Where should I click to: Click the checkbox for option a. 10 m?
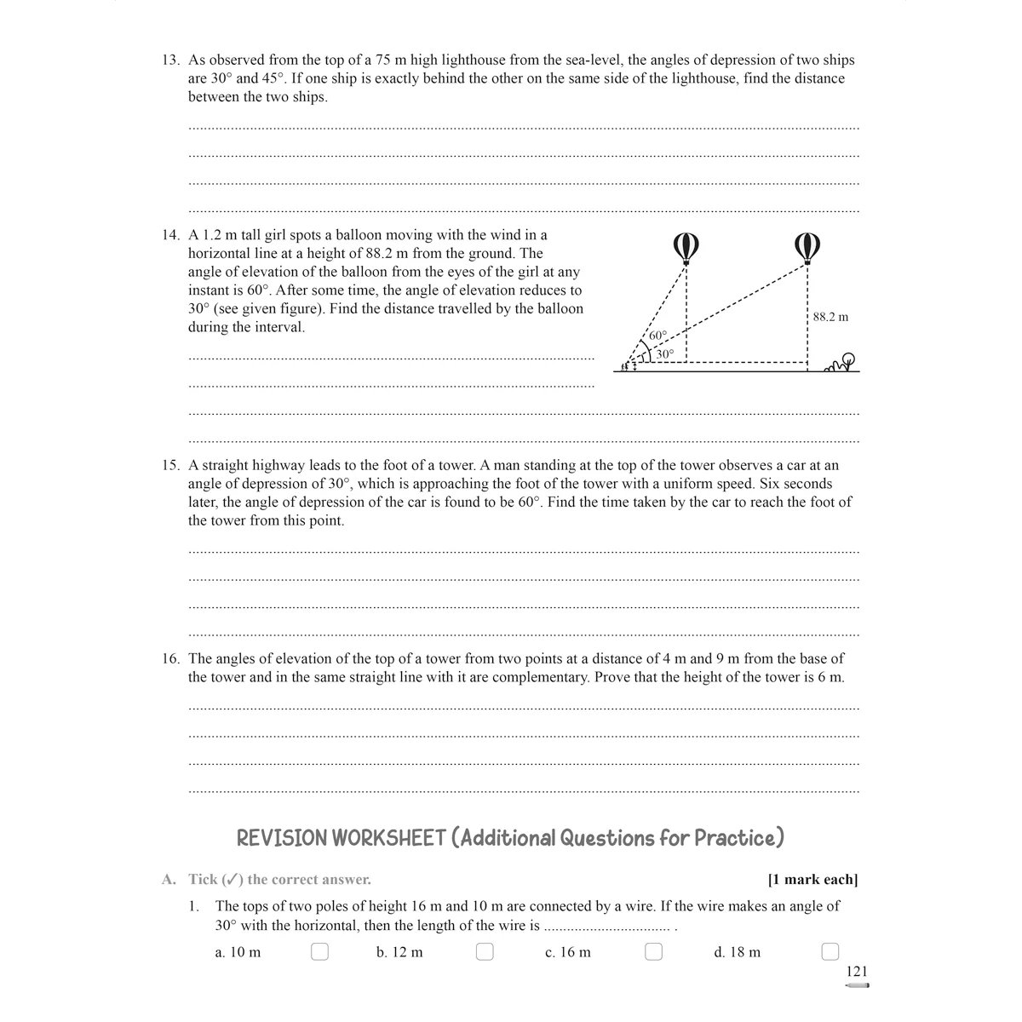[x=319, y=951]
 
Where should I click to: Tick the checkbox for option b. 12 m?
[x=485, y=951]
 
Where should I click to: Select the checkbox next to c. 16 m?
[x=653, y=951]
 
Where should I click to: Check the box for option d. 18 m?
[x=830, y=951]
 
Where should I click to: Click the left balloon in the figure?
[x=686, y=248]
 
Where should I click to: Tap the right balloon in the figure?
[x=807, y=248]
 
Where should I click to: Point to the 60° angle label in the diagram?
[x=657, y=336]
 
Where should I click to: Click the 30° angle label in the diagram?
[x=665, y=353]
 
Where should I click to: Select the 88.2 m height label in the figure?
[x=830, y=317]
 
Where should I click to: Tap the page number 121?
[x=857, y=971]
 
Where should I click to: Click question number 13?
[x=171, y=60]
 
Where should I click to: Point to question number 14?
[x=171, y=235]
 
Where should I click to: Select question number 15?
[x=171, y=465]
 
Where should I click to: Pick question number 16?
[x=171, y=658]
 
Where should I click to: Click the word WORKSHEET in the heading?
[x=388, y=838]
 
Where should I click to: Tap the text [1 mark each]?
[x=812, y=879]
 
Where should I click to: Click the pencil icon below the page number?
[x=857, y=985]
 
